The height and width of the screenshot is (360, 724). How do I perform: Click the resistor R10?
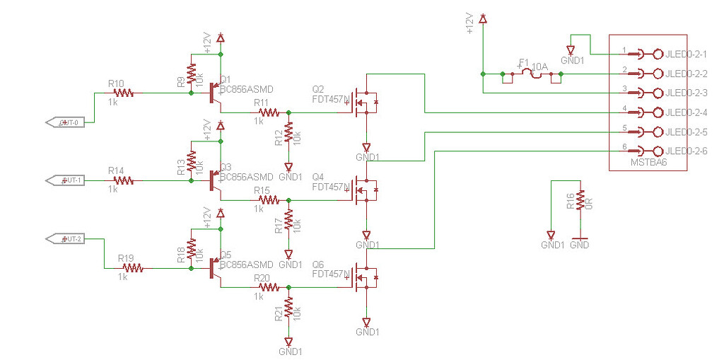tap(124, 93)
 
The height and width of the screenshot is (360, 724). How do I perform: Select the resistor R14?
tap(124, 180)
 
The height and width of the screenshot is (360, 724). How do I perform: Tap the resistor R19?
tap(133, 268)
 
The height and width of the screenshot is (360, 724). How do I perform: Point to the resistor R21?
tap(288, 308)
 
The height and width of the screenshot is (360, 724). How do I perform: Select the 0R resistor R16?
tap(579, 200)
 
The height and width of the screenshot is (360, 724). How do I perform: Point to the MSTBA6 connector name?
tap(648, 163)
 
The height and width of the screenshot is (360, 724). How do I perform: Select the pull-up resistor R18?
tap(191, 248)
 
